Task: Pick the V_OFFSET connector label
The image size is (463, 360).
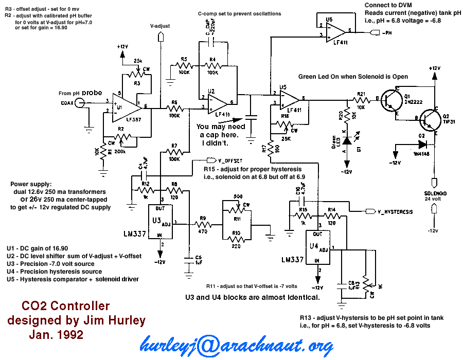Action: click(x=229, y=161)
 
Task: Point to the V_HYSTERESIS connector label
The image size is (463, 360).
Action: click(x=395, y=211)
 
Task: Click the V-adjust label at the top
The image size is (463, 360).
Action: click(x=160, y=25)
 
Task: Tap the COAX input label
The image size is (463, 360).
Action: click(x=67, y=102)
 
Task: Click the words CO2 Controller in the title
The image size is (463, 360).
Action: click(x=65, y=307)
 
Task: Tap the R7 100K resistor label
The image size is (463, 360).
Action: click(x=174, y=146)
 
